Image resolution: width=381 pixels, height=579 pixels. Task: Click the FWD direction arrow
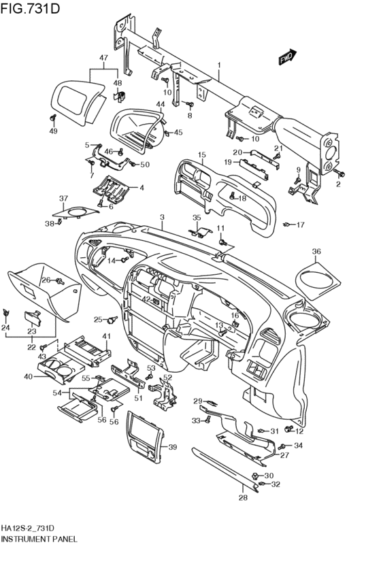pos(288,57)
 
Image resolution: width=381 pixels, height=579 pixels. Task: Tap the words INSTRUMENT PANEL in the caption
pos(39,540)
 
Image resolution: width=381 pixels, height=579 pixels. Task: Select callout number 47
pos(103,58)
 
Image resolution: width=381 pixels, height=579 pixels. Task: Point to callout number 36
pos(316,252)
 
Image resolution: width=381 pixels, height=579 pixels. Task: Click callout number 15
pos(201,154)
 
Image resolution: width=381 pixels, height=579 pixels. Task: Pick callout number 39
pos(172,447)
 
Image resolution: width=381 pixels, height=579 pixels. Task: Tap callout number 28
pos(243,498)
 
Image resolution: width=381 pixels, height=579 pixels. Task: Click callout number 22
pos(32,347)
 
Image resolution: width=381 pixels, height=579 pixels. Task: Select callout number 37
pos(63,199)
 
